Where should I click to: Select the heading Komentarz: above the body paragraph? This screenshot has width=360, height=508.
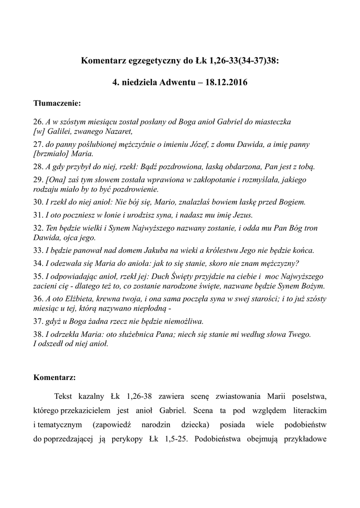click(x=55, y=378)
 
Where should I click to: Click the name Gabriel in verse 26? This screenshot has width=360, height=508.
click(x=233, y=122)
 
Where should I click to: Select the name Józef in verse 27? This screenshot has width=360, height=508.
click(x=220, y=144)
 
